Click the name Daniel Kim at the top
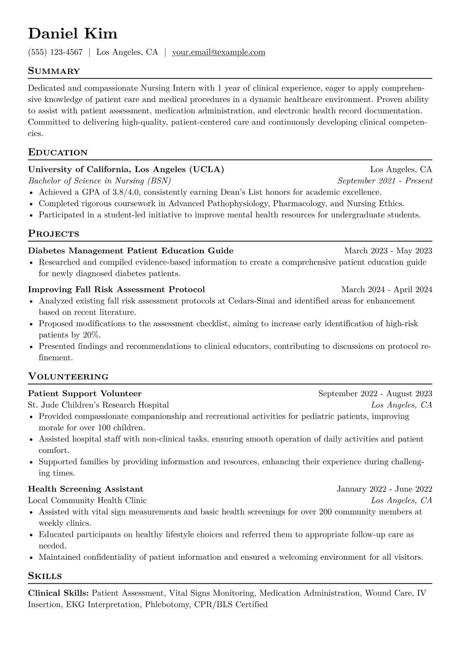click(x=73, y=34)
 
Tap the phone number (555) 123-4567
click(x=55, y=52)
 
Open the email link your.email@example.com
click(x=218, y=52)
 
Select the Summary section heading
click(x=54, y=71)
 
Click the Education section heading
click(x=58, y=152)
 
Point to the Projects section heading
click(x=53, y=234)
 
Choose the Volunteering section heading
click(x=68, y=376)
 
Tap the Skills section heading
click(x=45, y=576)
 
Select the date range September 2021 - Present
click(x=385, y=181)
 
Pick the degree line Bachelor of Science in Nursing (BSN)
click(x=99, y=181)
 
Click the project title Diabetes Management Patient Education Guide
click(x=131, y=251)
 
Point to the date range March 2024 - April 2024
click(x=387, y=289)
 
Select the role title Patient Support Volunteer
click(x=85, y=393)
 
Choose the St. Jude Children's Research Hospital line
click(x=98, y=405)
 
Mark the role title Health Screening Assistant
click(x=85, y=489)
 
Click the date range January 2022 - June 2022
click(x=384, y=489)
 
